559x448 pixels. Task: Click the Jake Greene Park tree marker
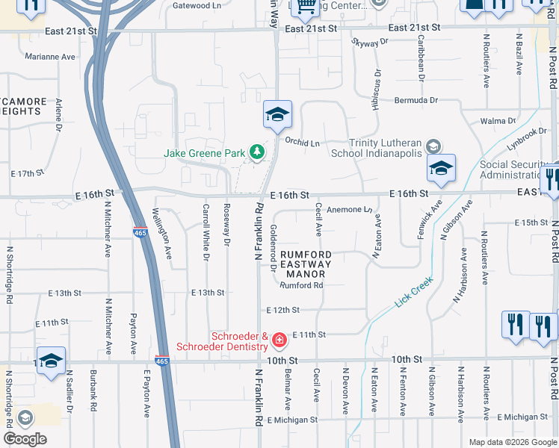click(x=257, y=152)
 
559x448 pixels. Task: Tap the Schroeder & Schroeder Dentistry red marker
click(x=279, y=340)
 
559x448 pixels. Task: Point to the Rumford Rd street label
click(x=301, y=285)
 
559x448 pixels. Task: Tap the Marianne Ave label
click(x=50, y=57)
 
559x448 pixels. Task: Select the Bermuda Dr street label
click(x=416, y=100)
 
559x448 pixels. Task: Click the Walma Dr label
click(x=498, y=121)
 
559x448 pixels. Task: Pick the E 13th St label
click(x=208, y=293)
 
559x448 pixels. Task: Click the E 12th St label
click(x=282, y=310)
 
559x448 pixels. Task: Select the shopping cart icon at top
click(x=305, y=7)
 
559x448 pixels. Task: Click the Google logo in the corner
click(x=25, y=439)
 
